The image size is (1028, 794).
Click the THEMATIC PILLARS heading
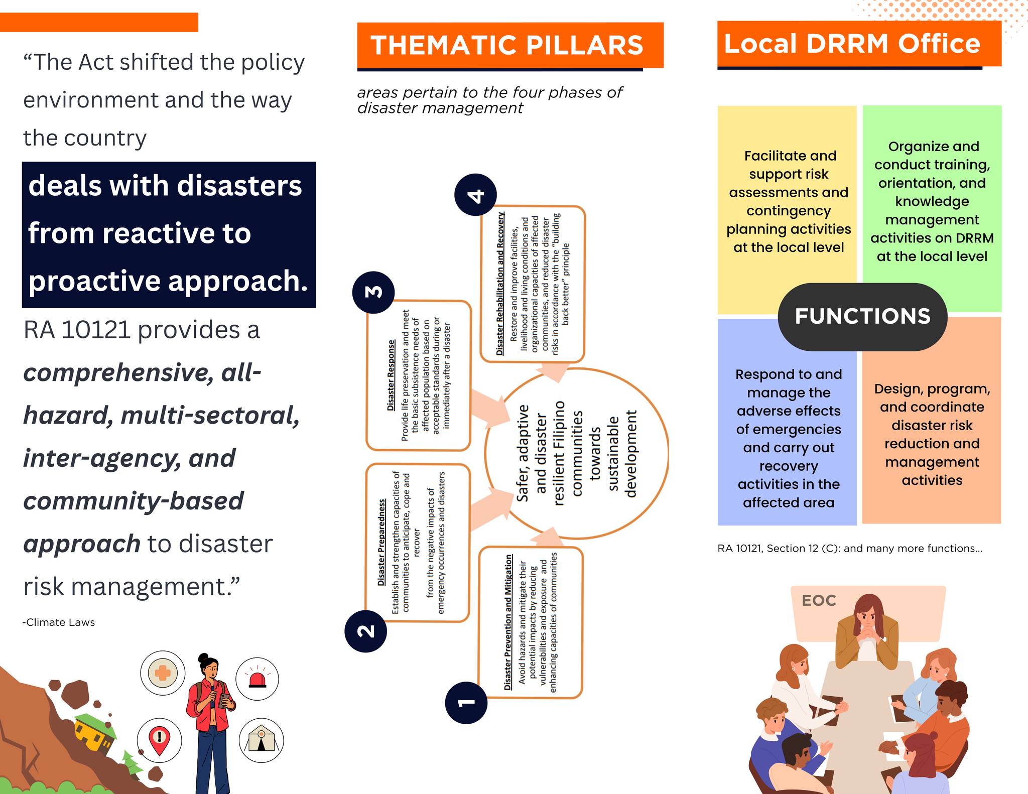507,45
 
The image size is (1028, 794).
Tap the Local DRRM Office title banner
859,44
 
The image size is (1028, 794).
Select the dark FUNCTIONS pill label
862,317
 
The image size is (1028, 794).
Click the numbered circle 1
466,702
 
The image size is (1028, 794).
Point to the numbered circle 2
366,631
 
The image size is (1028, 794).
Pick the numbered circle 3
373,292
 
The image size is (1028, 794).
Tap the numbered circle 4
475,195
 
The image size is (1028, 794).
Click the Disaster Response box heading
391,376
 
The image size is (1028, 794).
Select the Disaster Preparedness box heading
382,542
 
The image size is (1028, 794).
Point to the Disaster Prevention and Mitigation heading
508,622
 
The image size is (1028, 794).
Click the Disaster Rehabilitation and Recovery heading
500,284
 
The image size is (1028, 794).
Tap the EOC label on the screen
819,600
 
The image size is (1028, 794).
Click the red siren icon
257,679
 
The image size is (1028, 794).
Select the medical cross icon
163,673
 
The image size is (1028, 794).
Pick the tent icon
261,740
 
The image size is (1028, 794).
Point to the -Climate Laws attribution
59,622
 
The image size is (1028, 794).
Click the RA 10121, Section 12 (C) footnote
850,549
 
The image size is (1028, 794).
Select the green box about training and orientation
932,208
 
